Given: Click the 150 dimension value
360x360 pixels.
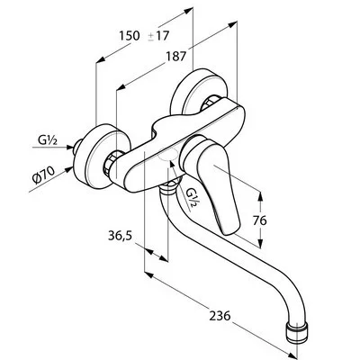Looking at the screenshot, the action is pyautogui.click(x=130, y=36).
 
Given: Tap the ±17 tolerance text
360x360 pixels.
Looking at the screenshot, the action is pyautogui.click(x=158, y=36).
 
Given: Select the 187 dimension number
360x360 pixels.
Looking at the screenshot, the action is pyautogui.click(x=176, y=56).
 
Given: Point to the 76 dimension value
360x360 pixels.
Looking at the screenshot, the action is pyautogui.click(x=259, y=220).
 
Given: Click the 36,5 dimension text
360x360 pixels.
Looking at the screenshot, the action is pyautogui.click(x=120, y=236).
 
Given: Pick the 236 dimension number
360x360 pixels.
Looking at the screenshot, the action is pyautogui.click(x=220, y=316).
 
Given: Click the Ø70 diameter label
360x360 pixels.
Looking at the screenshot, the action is pyautogui.click(x=44, y=175).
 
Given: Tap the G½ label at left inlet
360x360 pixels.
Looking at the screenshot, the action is pyautogui.click(x=48, y=140).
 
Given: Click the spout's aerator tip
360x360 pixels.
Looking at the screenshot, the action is pyautogui.click(x=295, y=332).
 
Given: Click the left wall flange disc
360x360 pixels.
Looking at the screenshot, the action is pyautogui.click(x=101, y=156).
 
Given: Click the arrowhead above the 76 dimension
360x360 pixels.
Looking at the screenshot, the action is pyautogui.click(x=260, y=196).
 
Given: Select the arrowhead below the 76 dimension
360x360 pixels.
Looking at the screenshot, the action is pyautogui.click(x=260, y=243).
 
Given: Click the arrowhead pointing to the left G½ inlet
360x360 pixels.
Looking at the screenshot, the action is pyautogui.click(x=69, y=147).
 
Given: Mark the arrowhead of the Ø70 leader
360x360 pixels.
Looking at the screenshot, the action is pyautogui.click(x=68, y=169).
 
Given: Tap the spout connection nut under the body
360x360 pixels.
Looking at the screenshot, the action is pyautogui.click(x=170, y=186).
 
